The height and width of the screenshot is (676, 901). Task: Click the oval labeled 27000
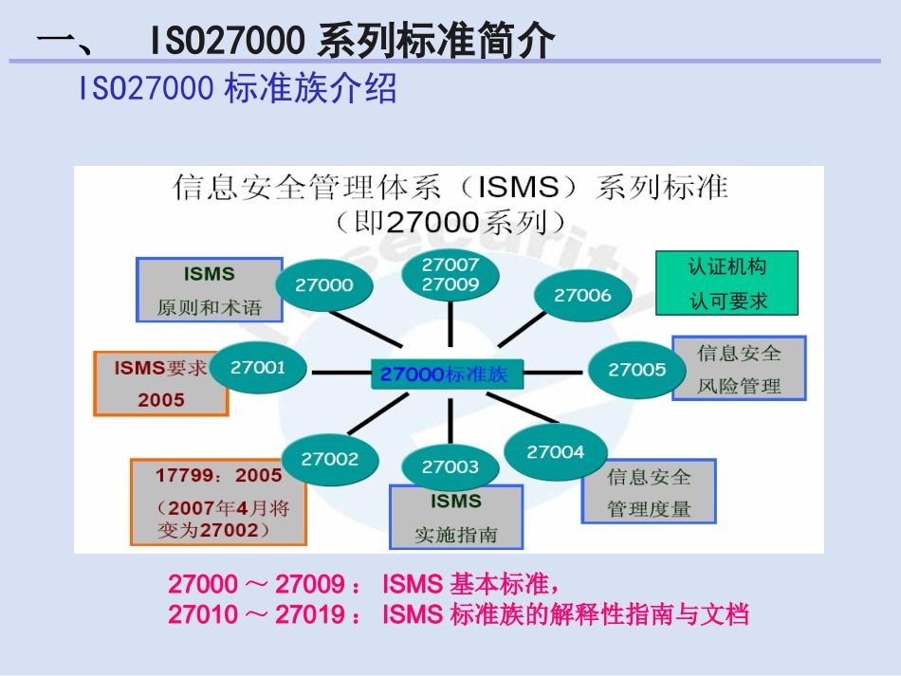pyautogui.click(x=324, y=284)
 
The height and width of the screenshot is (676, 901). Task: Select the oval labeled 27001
pyautogui.click(x=258, y=366)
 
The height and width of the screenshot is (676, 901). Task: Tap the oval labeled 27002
pyautogui.click(x=330, y=459)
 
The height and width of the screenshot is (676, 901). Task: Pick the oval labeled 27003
pyautogui.click(x=450, y=466)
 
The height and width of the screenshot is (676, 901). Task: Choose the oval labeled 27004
pyautogui.click(x=555, y=452)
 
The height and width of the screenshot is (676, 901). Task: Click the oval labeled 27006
pyautogui.click(x=582, y=295)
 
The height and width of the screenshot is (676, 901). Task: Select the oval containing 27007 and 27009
pyautogui.click(x=451, y=274)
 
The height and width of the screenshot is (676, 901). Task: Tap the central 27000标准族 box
pyautogui.click(x=444, y=375)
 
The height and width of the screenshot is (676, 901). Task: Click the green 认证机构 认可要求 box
pyautogui.click(x=727, y=283)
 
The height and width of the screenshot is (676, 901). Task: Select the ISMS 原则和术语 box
pyautogui.click(x=210, y=290)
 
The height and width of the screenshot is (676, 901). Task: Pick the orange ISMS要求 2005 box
pyautogui.click(x=160, y=383)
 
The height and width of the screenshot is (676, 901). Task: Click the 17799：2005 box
pyautogui.click(x=218, y=502)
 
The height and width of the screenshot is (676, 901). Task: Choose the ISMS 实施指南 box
pyautogui.click(x=455, y=518)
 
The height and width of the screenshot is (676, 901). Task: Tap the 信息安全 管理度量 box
pyautogui.click(x=649, y=492)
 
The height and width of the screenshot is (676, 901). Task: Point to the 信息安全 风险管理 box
pyautogui.click(x=739, y=368)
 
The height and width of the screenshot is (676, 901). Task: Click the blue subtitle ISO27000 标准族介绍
pyautogui.click(x=238, y=90)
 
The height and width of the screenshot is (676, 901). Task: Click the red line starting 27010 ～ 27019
pyautogui.click(x=458, y=614)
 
